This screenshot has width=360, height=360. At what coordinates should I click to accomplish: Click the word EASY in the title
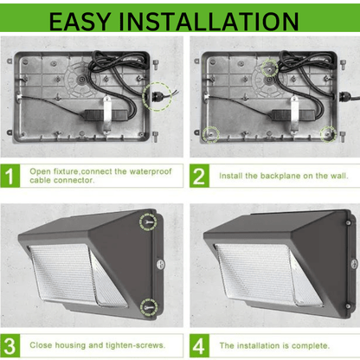click(80, 22)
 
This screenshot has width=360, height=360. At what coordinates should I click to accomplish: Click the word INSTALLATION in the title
click(209, 22)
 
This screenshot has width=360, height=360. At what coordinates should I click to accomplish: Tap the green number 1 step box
click(10, 176)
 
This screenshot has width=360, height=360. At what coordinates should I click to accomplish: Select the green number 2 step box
click(199, 176)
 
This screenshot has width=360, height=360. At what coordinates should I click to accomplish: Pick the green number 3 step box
click(10, 345)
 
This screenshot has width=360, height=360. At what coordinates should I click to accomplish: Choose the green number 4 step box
click(199, 345)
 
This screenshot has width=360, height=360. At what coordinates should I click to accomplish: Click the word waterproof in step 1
click(151, 171)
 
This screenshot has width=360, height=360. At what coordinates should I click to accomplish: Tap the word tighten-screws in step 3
click(135, 345)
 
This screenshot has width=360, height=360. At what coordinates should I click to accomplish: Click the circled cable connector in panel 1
click(157, 96)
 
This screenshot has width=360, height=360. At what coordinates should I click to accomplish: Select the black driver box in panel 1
click(107, 115)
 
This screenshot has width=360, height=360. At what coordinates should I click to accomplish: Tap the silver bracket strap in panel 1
click(107, 115)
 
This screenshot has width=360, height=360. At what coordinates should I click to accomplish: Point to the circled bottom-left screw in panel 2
click(211, 134)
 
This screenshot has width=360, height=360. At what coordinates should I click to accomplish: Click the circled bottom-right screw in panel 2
click(328, 134)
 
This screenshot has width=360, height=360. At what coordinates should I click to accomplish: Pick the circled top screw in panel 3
click(148, 222)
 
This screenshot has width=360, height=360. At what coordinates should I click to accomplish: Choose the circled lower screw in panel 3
click(149, 307)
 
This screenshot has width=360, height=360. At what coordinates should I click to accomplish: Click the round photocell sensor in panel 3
click(161, 264)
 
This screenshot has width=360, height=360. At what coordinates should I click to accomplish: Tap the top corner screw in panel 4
click(348, 223)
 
